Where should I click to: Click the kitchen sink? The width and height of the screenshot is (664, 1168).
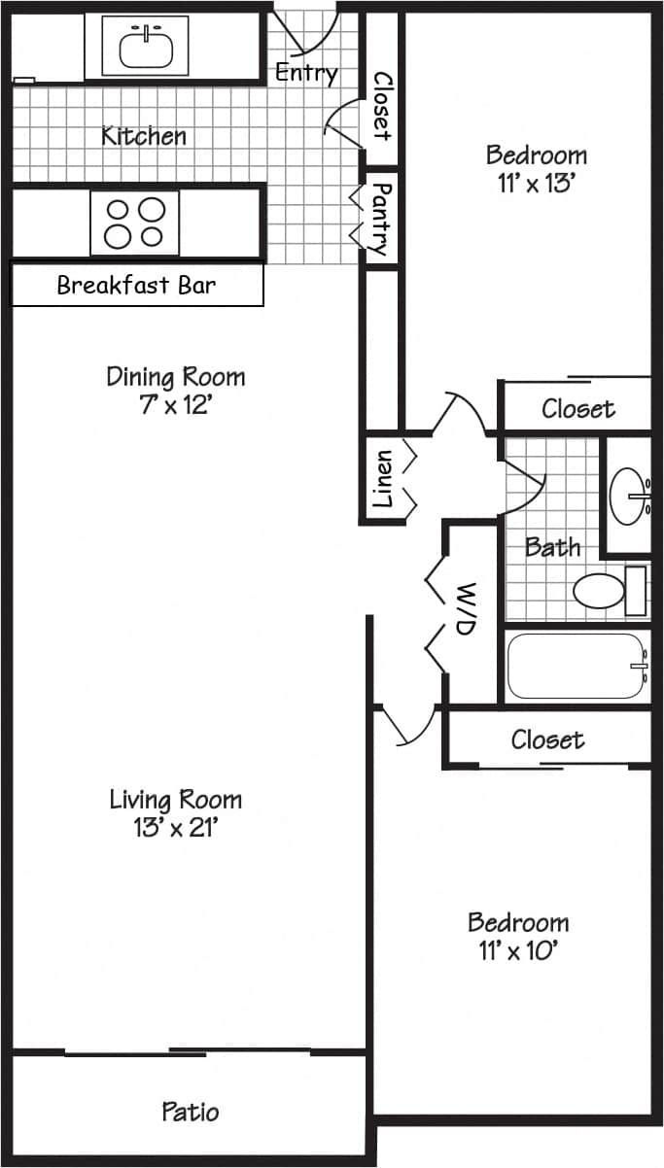(x=147, y=46)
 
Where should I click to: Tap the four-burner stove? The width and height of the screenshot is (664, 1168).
(x=135, y=223)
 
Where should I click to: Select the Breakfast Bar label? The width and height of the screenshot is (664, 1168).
(x=136, y=286)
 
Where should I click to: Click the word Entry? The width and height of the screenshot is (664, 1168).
(x=306, y=72)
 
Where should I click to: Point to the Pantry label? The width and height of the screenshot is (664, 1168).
(x=381, y=219)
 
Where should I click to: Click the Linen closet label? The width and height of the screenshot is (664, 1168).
(x=383, y=478)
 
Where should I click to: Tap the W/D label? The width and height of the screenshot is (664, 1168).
(x=465, y=609)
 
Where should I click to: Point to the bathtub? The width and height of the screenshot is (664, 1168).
(x=577, y=667)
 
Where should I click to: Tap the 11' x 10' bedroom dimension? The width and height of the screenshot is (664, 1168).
(x=517, y=949)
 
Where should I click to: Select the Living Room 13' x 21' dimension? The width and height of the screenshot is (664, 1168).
(x=175, y=828)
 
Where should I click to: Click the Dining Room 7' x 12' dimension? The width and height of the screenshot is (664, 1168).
(x=175, y=404)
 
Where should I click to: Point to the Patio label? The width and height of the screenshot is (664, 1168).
(x=191, y=1111)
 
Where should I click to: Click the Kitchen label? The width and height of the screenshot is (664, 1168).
(x=144, y=135)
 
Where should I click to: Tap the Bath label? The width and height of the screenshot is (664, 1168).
(x=552, y=547)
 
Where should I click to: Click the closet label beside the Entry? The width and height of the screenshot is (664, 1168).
(x=381, y=105)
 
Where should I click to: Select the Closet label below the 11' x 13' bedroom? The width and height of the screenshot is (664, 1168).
(x=577, y=409)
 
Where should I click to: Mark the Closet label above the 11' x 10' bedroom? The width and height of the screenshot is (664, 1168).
(x=547, y=740)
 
